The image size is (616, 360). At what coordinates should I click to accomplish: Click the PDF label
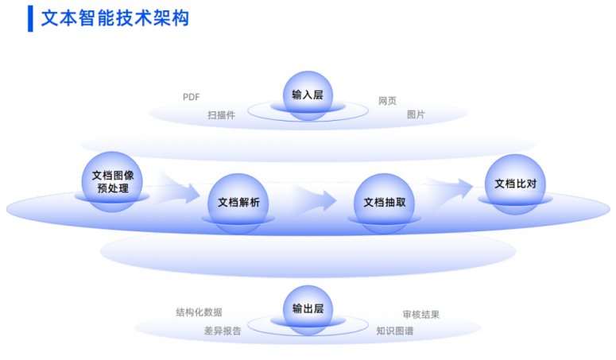192,97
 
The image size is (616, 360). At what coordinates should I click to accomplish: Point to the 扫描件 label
222,115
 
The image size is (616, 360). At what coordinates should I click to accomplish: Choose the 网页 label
387,101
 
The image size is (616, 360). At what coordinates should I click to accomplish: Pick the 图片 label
416,115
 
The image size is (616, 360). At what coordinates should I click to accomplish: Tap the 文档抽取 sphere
385,203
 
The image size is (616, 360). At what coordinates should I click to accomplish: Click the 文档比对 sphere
515,184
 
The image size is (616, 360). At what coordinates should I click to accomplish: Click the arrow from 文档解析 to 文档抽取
316,199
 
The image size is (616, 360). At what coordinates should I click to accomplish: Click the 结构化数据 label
199,312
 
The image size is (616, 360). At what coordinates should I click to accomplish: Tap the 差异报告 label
222,331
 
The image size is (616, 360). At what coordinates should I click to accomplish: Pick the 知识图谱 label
395,331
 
